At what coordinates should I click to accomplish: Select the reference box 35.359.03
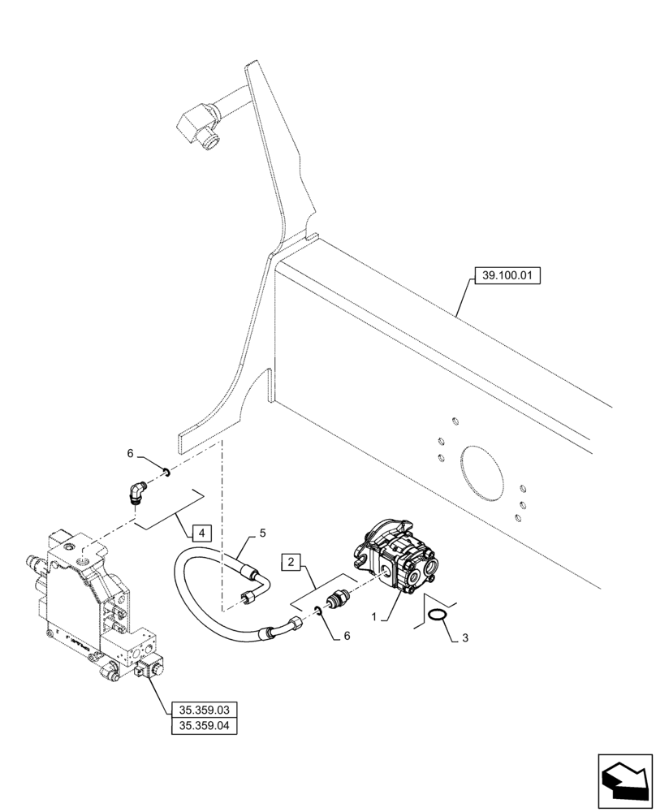204,710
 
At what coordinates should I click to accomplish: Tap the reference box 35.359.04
204,727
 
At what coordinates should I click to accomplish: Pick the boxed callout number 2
291,561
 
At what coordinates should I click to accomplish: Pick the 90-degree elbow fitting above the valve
136,490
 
